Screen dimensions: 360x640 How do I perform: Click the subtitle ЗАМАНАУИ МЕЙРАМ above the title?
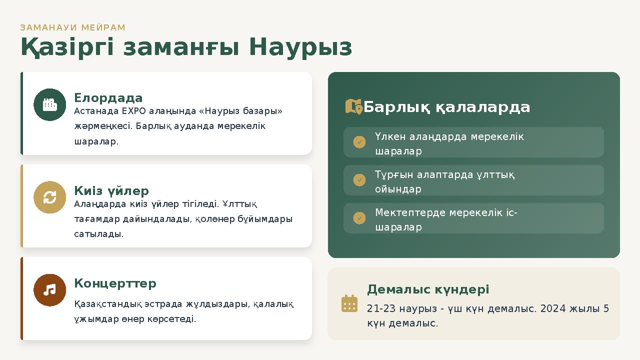(x=73, y=27)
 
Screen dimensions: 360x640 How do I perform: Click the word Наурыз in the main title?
(x=300, y=47)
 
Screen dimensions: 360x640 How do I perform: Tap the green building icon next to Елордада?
(x=49, y=104)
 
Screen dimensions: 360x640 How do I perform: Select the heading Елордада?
(x=108, y=97)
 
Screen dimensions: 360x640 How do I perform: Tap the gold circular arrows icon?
(x=49, y=197)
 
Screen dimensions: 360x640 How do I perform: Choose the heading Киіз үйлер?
(x=111, y=190)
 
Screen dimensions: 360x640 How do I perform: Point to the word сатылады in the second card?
(x=98, y=233)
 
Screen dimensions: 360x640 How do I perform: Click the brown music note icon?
(x=49, y=290)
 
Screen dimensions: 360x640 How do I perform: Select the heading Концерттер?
(x=115, y=283)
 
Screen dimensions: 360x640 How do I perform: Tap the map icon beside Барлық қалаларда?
(x=353, y=106)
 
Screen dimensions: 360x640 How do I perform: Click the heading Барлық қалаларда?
(x=446, y=107)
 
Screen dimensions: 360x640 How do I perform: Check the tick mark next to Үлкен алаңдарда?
(x=359, y=142)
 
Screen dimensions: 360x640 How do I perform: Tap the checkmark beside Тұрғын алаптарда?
(x=359, y=180)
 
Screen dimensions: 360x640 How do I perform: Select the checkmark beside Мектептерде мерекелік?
(x=359, y=218)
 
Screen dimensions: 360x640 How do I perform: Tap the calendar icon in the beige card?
(x=349, y=303)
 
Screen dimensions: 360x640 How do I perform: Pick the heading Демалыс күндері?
(x=428, y=289)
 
